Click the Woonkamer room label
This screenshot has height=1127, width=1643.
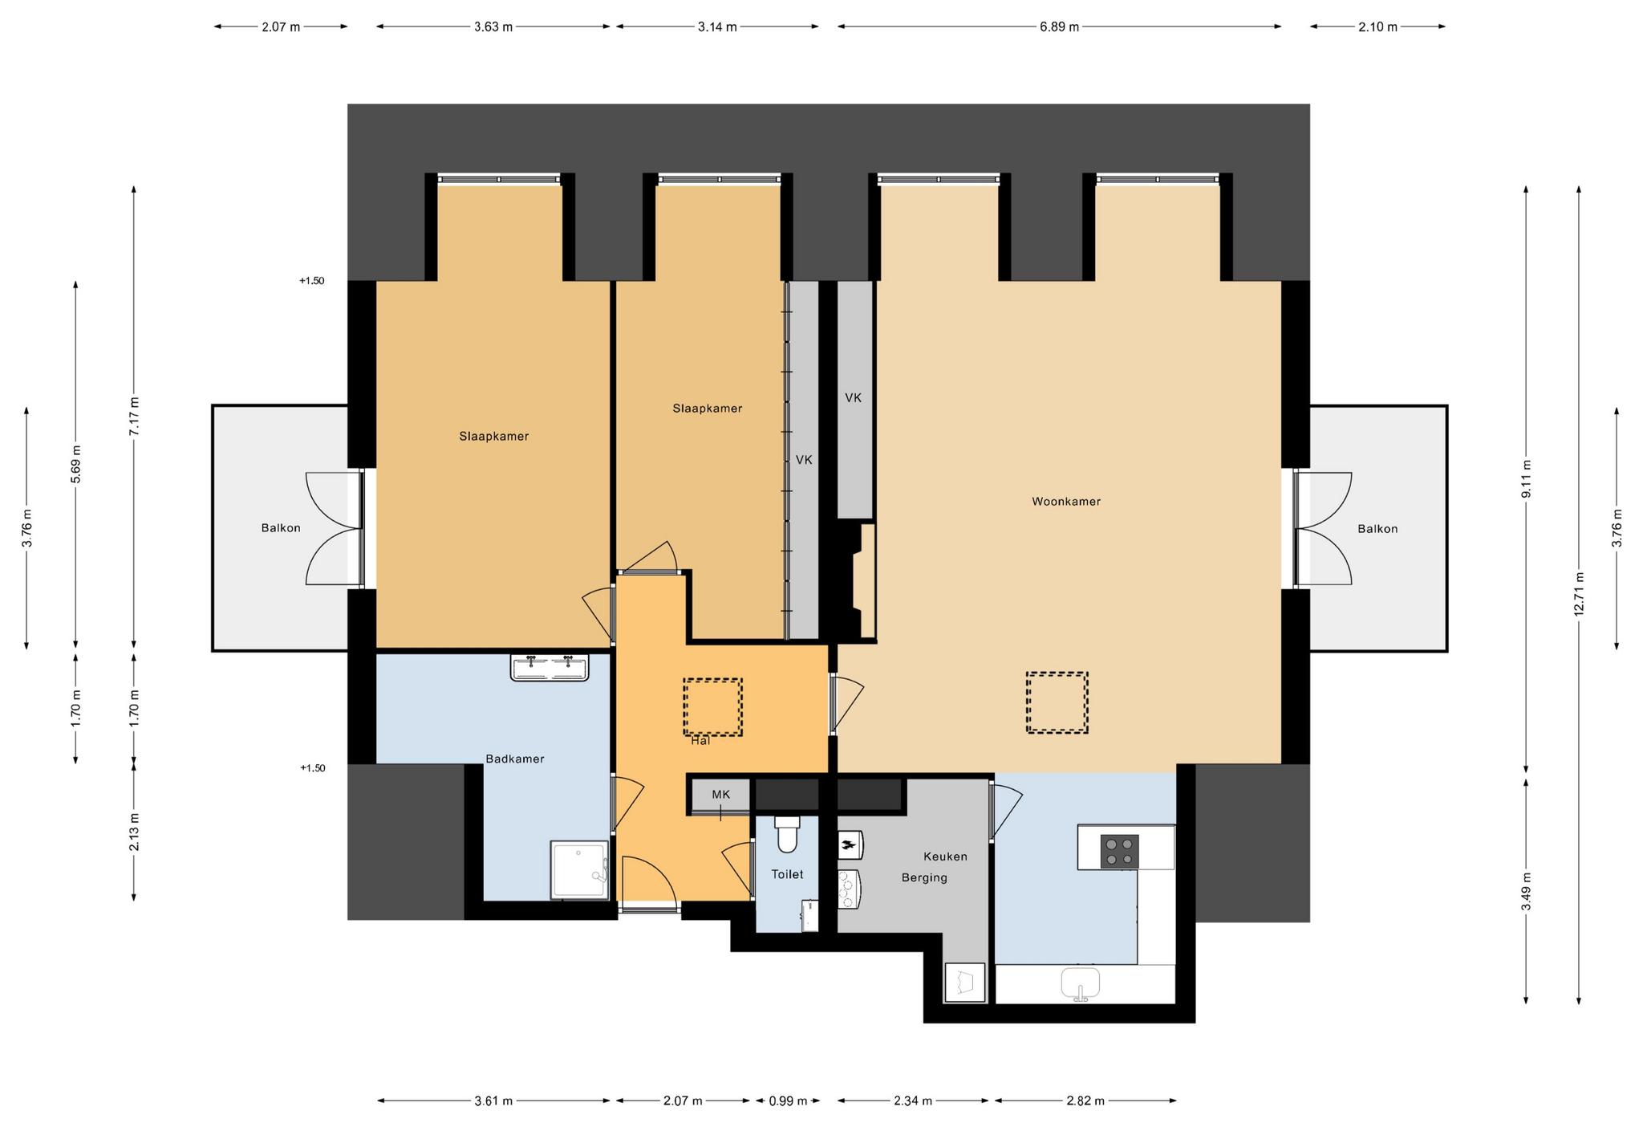pyautogui.click(x=1065, y=502)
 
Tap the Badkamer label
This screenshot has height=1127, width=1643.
pyautogui.click(x=515, y=759)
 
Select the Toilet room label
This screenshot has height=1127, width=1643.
pyautogui.click(x=787, y=874)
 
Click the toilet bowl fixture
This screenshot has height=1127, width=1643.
pyautogui.click(x=787, y=835)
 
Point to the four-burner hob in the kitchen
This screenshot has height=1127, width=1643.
pyautogui.click(x=1119, y=852)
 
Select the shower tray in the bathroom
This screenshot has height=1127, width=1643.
pyautogui.click(x=579, y=870)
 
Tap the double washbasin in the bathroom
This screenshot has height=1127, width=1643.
pyautogui.click(x=550, y=667)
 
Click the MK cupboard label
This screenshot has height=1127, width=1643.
pyautogui.click(x=721, y=795)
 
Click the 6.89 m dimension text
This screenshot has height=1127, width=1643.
pyautogui.click(x=1059, y=26)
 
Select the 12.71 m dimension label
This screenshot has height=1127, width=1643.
pyautogui.click(x=1579, y=594)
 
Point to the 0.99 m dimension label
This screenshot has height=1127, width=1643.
pyautogui.click(x=788, y=1101)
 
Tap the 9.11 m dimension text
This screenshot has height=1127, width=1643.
pyautogui.click(x=1526, y=479)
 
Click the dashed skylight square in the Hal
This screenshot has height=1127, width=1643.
pyautogui.click(x=712, y=707)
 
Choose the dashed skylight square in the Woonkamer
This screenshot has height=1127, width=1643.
pyautogui.click(x=1057, y=702)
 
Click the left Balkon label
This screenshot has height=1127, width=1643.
pyautogui.click(x=281, y=528)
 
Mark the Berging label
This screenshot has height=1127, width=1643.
pyautogui.click(x=924, y=878)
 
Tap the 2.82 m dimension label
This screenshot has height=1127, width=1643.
pyautogui.click(x=1085, y=1101)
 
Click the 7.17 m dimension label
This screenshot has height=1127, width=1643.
pyautogui.click(x=134, y=417)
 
